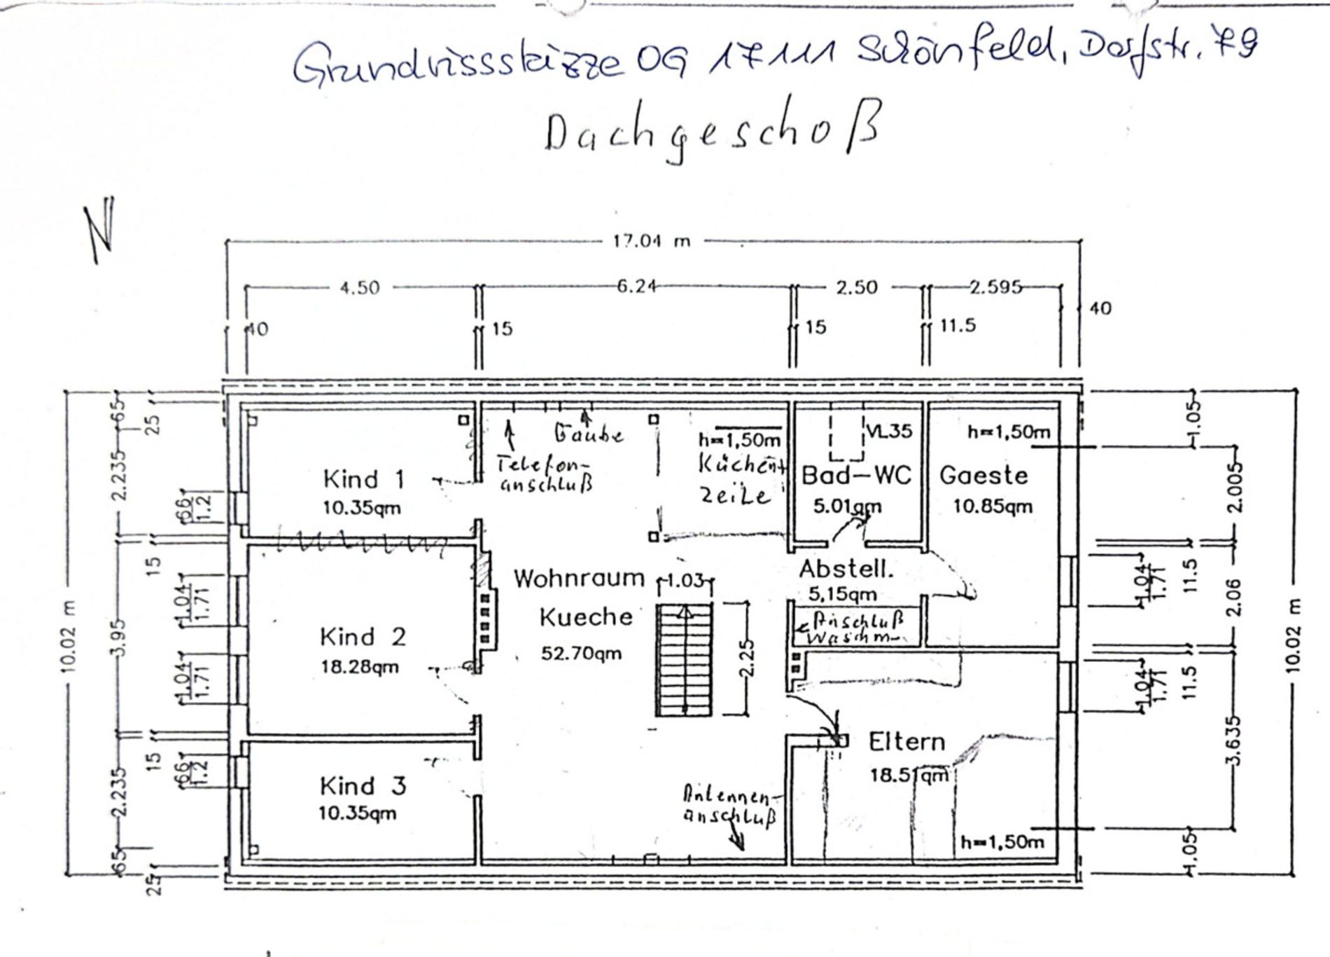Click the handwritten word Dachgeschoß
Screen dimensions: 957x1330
710,133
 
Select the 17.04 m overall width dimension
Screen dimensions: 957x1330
651,242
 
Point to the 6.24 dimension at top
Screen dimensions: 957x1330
636,287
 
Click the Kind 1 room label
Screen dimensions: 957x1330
364,479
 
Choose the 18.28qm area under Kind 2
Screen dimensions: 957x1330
360,666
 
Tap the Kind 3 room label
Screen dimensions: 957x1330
363,786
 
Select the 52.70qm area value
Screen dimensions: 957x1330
581,654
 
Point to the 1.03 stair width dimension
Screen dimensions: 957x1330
685,580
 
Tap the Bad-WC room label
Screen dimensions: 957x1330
856,476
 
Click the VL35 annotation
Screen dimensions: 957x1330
889,432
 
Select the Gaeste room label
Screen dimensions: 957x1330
983,476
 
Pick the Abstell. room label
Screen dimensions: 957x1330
846,569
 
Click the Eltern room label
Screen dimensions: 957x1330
906,741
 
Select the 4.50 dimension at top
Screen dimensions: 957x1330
359,287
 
